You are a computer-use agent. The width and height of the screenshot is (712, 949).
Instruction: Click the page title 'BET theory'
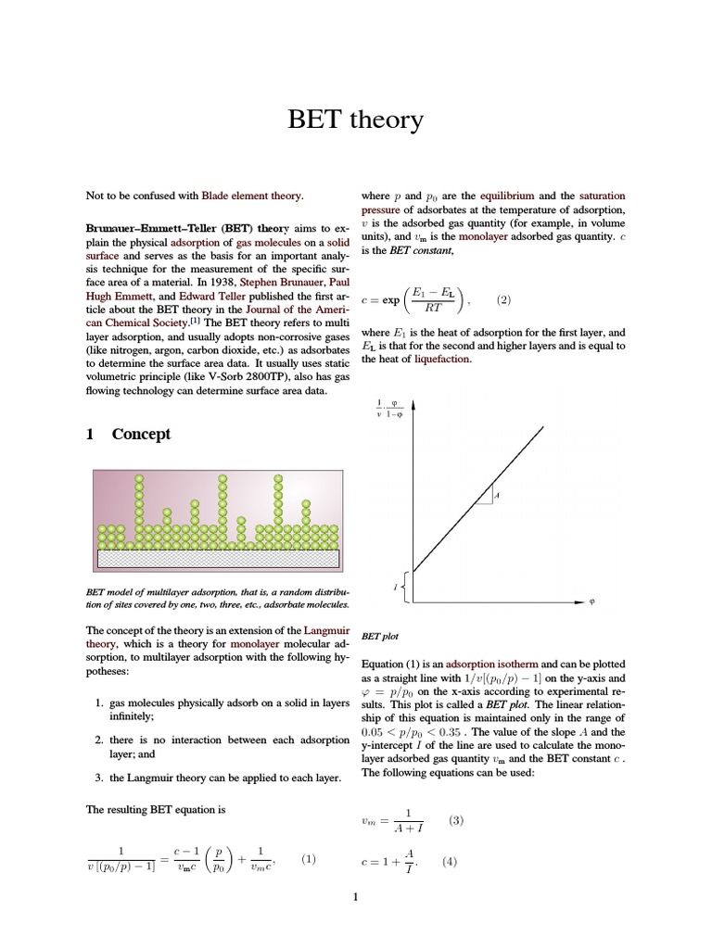(356, 120)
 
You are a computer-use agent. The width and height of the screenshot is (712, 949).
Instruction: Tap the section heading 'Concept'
(141, 435)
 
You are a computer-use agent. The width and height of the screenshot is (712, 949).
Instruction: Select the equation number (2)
(503, 299)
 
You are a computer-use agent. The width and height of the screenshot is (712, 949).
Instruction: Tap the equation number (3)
(455, 820)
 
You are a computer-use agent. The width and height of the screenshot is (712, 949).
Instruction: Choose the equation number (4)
(450, 861)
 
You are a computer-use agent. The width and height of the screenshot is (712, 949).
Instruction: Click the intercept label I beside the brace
(396, 588)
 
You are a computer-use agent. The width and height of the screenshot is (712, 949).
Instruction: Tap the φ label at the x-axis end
(591, 602)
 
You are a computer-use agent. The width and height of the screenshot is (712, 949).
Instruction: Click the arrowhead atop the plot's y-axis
(413, 405)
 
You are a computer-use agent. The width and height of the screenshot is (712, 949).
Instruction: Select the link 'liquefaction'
(442, 359)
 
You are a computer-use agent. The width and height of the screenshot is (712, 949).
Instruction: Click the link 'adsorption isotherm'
(492, 664)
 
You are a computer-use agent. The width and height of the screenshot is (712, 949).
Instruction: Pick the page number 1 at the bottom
(356, 895)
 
